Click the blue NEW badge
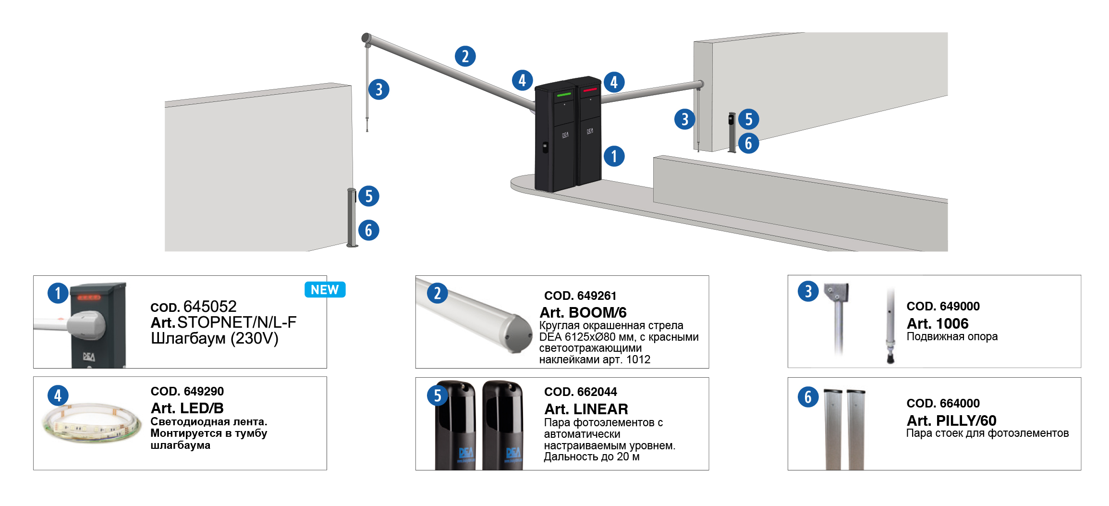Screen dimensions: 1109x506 325,290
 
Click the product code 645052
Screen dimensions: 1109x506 210,306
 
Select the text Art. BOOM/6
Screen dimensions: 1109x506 583,312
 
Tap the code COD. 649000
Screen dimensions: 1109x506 943,306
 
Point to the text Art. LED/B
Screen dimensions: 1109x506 187,408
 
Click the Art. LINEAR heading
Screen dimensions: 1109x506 586,409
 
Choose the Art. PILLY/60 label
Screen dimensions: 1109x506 951,420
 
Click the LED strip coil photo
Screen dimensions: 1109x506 91,423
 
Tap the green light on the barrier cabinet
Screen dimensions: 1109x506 564,95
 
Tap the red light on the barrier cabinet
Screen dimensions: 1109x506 590,90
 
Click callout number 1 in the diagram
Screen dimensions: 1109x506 614,156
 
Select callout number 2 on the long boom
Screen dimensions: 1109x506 465,56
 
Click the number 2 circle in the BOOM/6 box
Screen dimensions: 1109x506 437,293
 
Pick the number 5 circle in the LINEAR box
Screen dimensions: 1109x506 437,396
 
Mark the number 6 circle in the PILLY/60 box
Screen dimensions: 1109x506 808,397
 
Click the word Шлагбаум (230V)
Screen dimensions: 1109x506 215,338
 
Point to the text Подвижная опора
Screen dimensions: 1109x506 952,336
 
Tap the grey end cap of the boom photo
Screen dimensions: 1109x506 518,334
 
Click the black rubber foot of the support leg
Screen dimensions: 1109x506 890,358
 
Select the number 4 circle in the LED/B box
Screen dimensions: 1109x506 58,395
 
